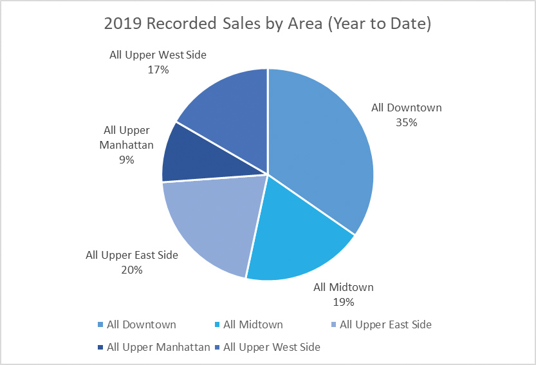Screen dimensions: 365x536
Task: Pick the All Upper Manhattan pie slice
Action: coord(193,154)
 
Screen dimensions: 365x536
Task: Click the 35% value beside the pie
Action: coord(407,122)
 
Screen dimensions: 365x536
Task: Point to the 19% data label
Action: coord(344,301)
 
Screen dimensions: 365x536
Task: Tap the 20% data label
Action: coord(132,270)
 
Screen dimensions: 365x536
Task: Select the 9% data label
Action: coord(126,160)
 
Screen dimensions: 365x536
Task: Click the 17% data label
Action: coord(158,70)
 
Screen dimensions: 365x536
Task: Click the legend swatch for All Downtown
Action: coord(100,325)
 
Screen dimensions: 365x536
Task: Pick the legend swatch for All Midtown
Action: coord(216,325)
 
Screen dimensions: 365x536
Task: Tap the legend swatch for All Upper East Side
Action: coord(331,325)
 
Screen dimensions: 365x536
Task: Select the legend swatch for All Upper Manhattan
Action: coord(100,348)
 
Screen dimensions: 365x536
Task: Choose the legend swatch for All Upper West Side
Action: coord(216,348)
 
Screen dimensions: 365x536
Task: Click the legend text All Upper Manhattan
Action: coord(158,348)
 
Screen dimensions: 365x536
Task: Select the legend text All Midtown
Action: coord(253,325)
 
